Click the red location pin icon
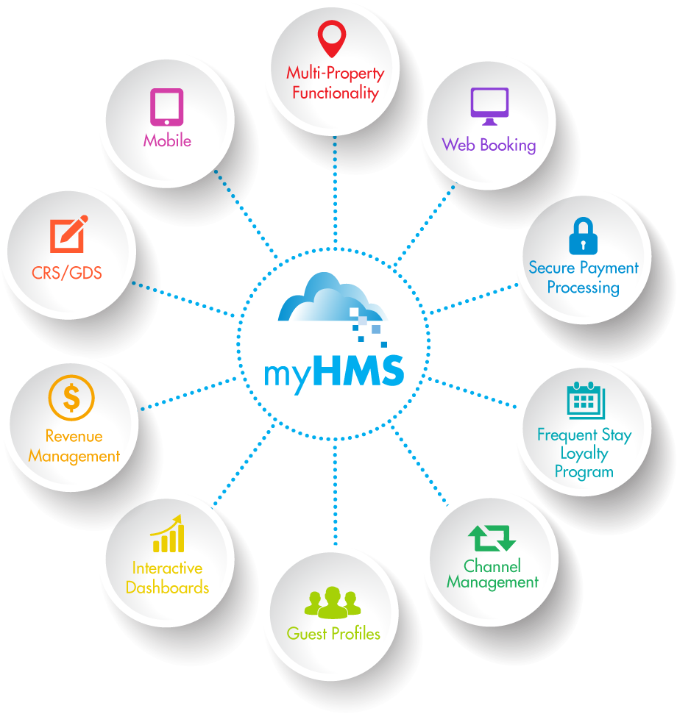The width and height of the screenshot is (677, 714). coord(332,38)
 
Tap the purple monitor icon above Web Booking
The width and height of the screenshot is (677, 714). coord(489,106)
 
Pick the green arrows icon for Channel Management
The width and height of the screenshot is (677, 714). coord(492,538)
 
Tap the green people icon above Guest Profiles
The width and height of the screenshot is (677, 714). coord(333,602)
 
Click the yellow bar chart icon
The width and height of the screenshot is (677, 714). coord(167,534)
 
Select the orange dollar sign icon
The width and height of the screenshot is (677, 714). coord(71,398)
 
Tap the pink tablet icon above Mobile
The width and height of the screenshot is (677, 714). coord(166,107)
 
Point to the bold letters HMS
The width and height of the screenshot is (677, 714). coord(358,371)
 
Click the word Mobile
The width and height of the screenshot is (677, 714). coord(167,140)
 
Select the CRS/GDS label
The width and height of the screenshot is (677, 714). coord(67,274)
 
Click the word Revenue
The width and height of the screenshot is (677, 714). coord(74,436)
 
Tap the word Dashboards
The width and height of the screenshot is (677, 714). coord(167,588)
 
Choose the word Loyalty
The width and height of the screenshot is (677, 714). coord(584,453)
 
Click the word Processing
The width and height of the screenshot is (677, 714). coord(584,288)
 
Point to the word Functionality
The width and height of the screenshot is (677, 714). coord(336,93)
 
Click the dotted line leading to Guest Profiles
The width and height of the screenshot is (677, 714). coord(334,500)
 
